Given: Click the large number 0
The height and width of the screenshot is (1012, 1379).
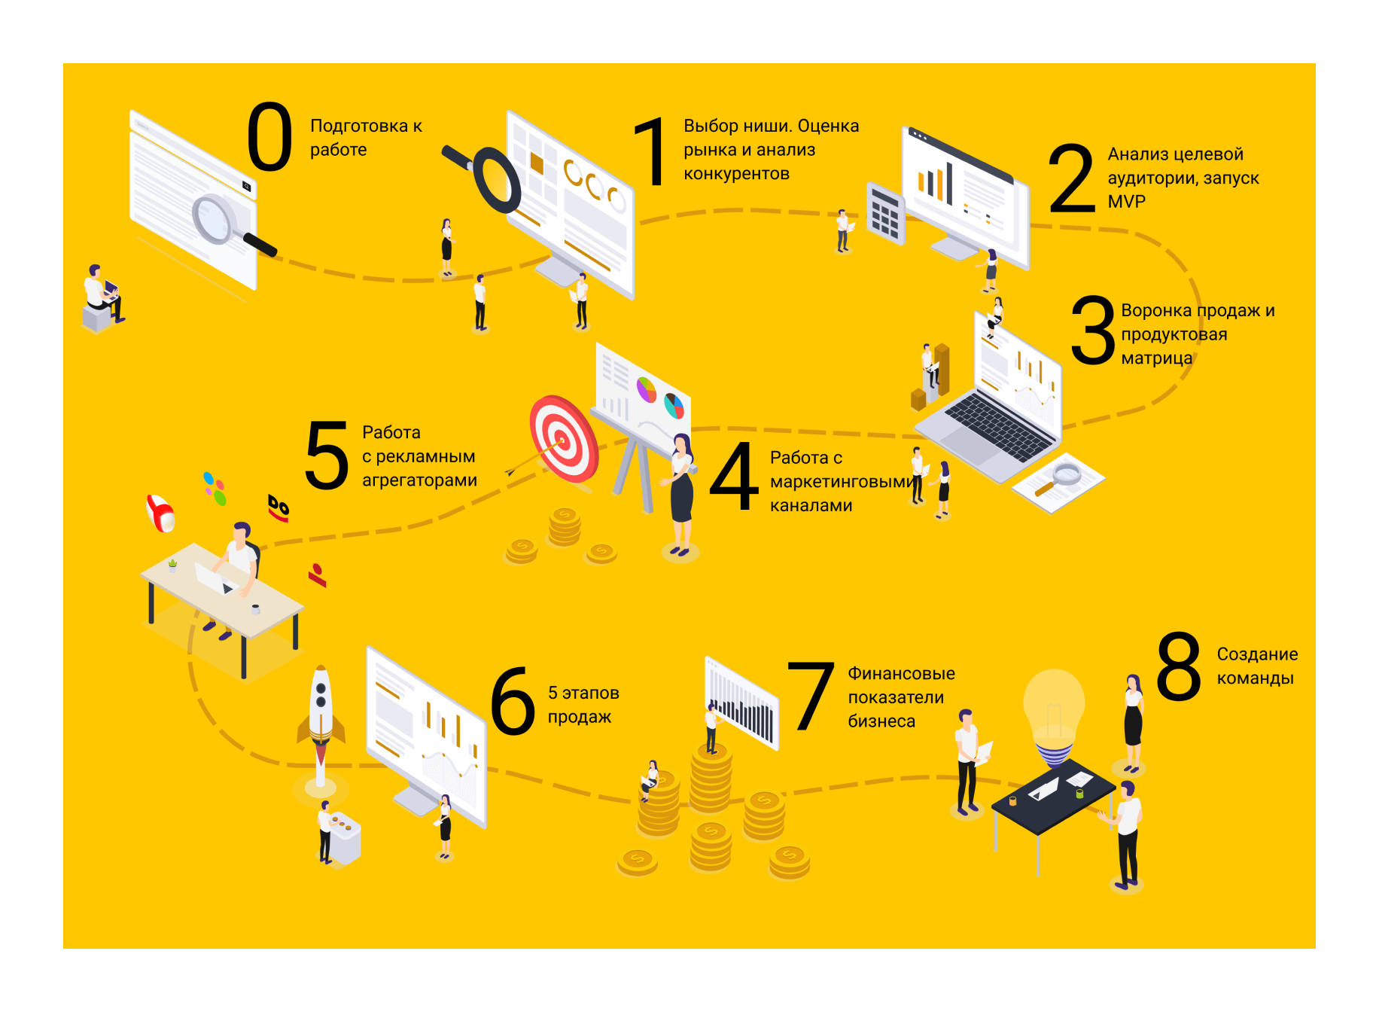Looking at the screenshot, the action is coord(269,137).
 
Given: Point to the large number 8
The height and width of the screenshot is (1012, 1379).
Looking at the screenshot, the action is coord(1179,666).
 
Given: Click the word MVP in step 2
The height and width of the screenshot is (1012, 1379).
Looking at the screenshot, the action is coord(1126,202).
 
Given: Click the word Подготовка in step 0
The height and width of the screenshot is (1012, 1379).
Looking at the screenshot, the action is coord(359,126).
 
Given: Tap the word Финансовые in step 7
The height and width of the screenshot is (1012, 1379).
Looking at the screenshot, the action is coord(901,673).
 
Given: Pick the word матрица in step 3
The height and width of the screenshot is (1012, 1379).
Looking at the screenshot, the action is coord(1156,358).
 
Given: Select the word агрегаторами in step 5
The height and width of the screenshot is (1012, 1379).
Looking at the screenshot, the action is coord(419,480).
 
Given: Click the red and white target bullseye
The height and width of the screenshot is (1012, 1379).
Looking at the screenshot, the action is coord(562,439).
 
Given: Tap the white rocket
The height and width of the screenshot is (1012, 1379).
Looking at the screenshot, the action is coord(321,712).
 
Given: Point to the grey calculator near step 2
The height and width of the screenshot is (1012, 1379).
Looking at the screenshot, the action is coord(885,214).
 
